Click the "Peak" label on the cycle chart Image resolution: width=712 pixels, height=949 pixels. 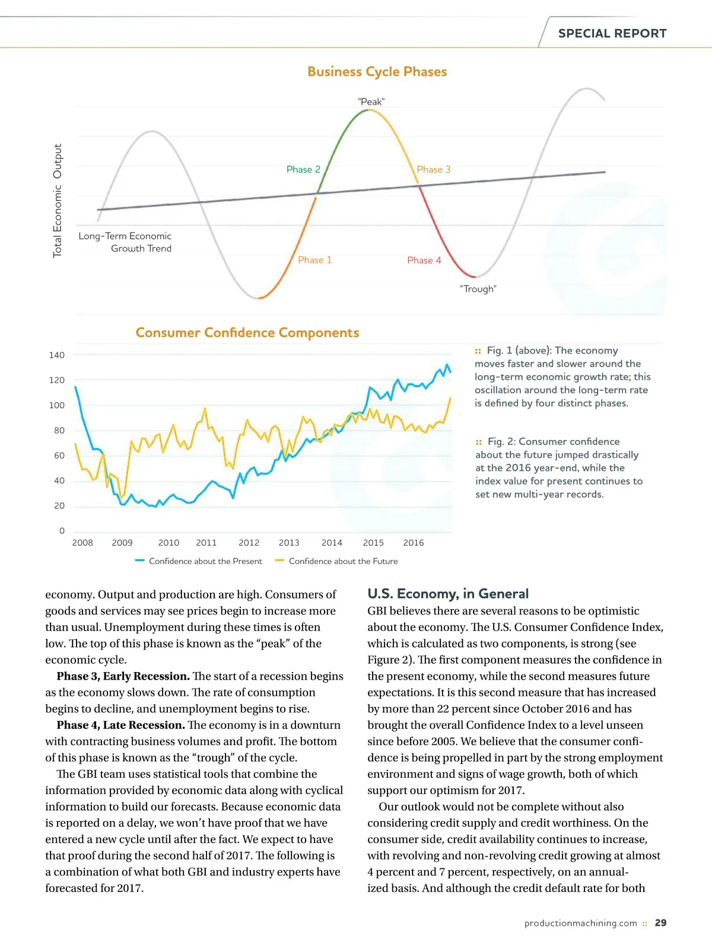tap(371, 102)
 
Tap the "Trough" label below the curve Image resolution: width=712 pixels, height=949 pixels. tap(478, 289)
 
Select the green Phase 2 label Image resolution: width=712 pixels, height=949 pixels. tap(303, 170)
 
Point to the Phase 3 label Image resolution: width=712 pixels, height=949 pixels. tap(434, 170)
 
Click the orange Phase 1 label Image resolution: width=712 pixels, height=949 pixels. tap(314, 260)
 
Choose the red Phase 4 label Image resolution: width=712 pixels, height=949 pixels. tap(424, 260)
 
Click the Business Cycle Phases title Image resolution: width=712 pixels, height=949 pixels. tap(377, 72)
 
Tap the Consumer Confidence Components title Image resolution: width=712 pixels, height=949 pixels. tap(247, 333)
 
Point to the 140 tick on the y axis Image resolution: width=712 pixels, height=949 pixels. tap(57, 355)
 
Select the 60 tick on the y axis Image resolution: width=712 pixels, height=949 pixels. tap(59, 456)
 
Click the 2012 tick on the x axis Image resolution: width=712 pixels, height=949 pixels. tap(249, 543)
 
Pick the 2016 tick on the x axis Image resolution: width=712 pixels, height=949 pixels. tap(414, 543)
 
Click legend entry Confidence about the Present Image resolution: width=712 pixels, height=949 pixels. tap(205, 561)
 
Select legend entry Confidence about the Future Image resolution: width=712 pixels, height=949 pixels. tap(343, 561)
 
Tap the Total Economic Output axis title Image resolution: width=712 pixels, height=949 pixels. tap(58, 200)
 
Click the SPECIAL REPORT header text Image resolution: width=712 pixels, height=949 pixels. tap(612, 34)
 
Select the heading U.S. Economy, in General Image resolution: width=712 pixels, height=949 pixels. tap(448, 594)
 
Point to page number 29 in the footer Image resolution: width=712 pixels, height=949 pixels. tap(660, 923)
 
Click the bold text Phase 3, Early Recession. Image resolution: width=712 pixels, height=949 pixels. tap(123, 676)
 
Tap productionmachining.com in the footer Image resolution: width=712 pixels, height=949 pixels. tap(580, 923)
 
